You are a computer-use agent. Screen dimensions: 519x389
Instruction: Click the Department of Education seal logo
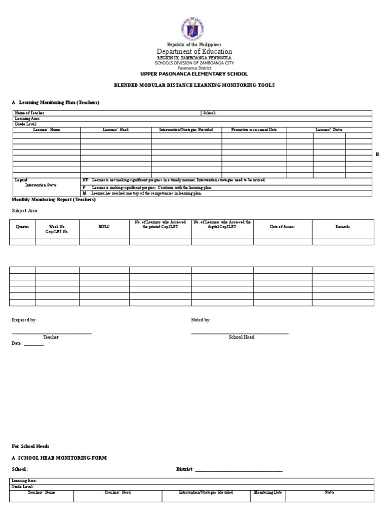(194, 29)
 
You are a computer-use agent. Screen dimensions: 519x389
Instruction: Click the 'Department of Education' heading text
(194, 52)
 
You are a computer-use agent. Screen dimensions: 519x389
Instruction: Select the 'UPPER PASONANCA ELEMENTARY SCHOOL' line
(194, 74)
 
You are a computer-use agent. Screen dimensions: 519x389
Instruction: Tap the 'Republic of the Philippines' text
(194, 45)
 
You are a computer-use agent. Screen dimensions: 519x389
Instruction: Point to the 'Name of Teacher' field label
(30, 113)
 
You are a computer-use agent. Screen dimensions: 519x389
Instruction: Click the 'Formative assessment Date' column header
(254, 130)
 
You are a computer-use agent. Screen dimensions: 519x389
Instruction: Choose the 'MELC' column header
(104, 227)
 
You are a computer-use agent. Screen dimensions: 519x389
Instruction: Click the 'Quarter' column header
(22, 227)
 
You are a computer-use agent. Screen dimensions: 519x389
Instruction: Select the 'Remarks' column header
(343, 227)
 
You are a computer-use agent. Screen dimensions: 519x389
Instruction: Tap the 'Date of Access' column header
(282, 227)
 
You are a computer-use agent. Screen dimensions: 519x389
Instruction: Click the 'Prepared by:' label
(24, 320)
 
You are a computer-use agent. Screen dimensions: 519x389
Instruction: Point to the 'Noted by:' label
(201, 320)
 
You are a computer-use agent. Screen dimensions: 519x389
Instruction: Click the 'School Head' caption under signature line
(241, 337)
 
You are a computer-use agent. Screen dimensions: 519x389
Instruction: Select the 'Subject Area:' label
(25, 211)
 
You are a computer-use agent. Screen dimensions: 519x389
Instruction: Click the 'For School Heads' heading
(30, 446)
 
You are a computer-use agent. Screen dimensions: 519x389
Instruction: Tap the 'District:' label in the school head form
(184, 469)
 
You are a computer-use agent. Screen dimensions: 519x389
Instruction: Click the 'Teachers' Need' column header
(118, 492)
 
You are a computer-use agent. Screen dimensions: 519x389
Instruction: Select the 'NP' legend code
(85, 180)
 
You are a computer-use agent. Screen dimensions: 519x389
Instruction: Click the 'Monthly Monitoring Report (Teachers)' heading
(53, 199)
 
